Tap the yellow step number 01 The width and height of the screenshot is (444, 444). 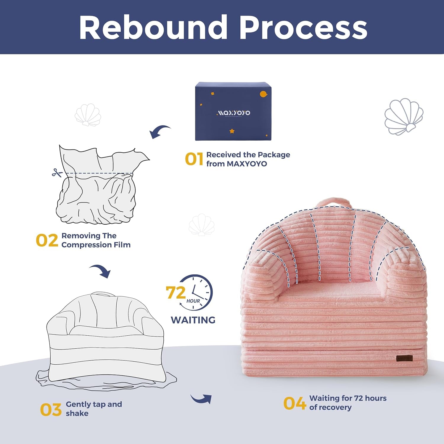coord(194,159)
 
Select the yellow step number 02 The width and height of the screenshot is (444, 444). coord(47,240)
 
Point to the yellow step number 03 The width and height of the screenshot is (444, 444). coord(51,409)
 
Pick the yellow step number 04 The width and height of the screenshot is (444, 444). coord(294,403)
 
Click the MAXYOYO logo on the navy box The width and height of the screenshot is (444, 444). coord(233,113)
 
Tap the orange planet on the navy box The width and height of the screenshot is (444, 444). coord(263,94)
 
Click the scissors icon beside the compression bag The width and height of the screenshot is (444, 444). coord(57,173)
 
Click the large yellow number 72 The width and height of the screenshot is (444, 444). coord(176,292)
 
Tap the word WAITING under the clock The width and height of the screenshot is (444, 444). coord(193,320)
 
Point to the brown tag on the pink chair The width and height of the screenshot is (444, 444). coord(404,358)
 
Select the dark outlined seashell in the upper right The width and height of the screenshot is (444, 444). coord(404,117)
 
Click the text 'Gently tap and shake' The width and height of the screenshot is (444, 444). coord(94,409)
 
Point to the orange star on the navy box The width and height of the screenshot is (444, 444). coord(232,131)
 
